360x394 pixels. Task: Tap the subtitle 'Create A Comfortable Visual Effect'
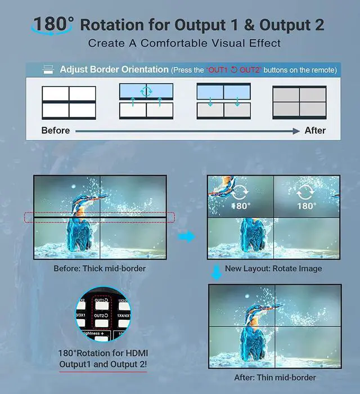click(x=184, y=43)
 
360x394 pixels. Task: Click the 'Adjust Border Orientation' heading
click(x=114, y=70)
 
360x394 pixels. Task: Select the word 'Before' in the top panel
click(x=56, y=131)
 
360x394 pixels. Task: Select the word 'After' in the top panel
click(x=315, y=131)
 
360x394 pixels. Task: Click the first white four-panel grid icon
click(x=69, y=102)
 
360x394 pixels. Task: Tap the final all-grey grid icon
click(x=299, y=102)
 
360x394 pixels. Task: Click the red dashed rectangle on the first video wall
click(x=100, y=217)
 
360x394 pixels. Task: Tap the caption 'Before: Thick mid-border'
click(x=100, y=268)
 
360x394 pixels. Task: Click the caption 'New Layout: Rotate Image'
click(x=273, y=268)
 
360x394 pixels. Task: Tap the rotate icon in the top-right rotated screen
click(x=307, y=193)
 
